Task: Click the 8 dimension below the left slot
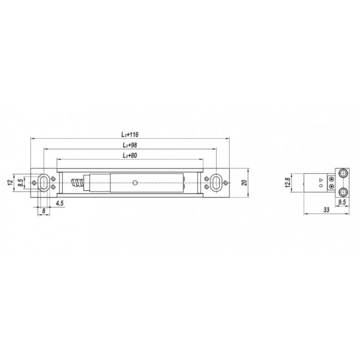[43, 209]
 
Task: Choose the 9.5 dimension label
[343, 202]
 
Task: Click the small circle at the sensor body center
[134, 182]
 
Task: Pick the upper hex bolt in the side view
[344, 173]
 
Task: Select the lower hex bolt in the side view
[344, 191]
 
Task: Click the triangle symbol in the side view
[321, 179]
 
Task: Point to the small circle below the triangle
[321, 186]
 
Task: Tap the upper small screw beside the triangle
[332, 178]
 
